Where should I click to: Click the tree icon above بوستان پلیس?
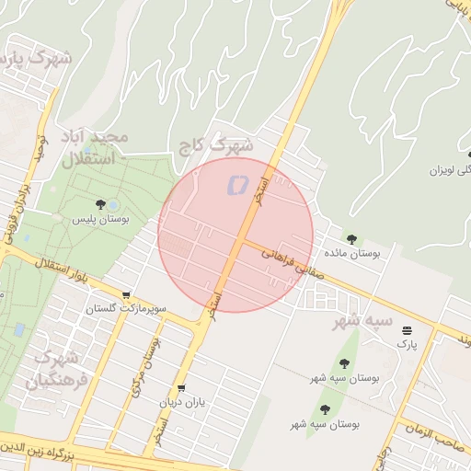100,203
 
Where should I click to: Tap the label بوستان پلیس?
101,220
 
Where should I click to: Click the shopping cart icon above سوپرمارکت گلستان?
126,295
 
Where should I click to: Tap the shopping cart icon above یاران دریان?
181,388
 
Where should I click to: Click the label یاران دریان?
182,403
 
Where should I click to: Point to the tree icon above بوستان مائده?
350,237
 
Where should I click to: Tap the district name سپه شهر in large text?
363,321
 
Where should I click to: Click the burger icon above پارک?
407,329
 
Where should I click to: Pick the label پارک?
407,343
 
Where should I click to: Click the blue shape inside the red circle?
236,184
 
